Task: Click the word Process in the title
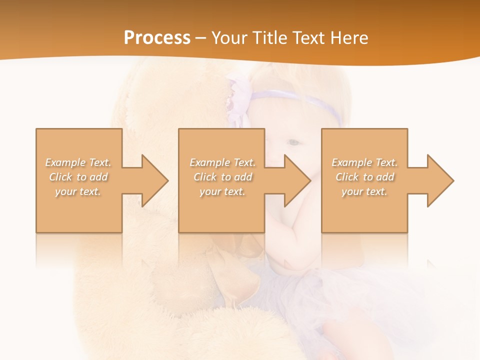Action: (x=157, y=38)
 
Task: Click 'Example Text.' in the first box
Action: (x=78, y=162)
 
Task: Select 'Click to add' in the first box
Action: (x=78, y=177)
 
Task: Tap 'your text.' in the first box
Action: (x=78, y=191)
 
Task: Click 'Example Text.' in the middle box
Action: (x=222, y=162)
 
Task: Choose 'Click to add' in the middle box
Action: (x=222, y=177)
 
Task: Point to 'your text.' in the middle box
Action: (x=222, y=191)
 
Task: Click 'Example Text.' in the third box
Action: (x=364, y=162)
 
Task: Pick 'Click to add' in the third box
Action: (x=364, y=177)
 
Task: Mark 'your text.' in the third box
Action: (x=364, y=191)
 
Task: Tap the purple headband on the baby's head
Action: (x=300, y=97)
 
